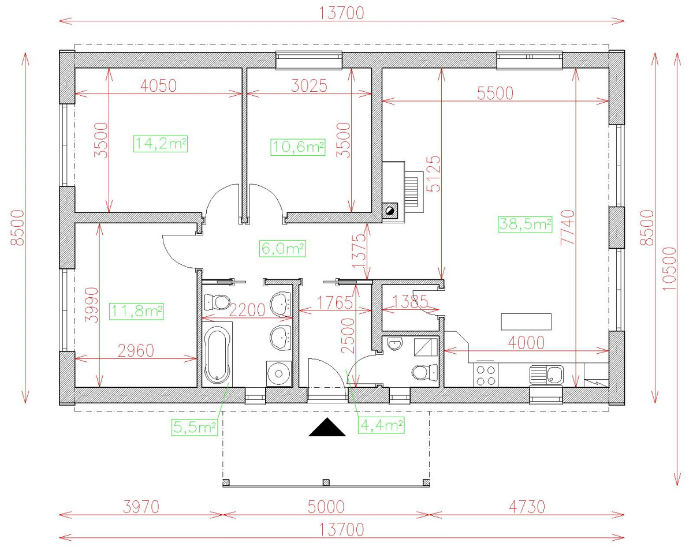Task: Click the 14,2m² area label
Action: pyautogui.click(x=161, y=143)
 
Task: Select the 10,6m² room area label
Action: pyautogui.click(x=298, y=147)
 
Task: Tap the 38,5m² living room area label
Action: pyautogui.click(x=525, y=224)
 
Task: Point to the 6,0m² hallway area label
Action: pyautogui.click(x=282, y=249)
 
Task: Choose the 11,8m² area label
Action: pyautogui.click(x=138, y=311)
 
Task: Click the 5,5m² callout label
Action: pyautogui.click(x=194, y=427)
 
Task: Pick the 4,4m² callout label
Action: pyautogui.click(x=381, y=425)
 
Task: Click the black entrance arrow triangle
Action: pyautogui.click(x=327, y=428)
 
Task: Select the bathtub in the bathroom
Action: pyautogui.click(x=218, y=355)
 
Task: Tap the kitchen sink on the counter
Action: pyautogui.click(x=546, y=375)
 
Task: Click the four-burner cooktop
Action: pyautogui.click(x=485, y=375)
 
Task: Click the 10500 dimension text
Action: pyautogui.click(x=669, y=269)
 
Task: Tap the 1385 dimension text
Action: pyautogui.click(x=410, y=301)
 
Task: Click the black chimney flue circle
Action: pyautogui.click(x=391, y=211)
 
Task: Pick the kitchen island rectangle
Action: pyautogui.click(x=526, y=321)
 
